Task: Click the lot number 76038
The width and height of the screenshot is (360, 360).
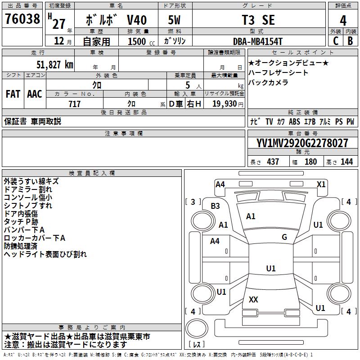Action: pyautogui.click(x=22, y=18)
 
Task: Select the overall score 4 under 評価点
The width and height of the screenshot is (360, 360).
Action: pyautogui.click(x=343, y=20)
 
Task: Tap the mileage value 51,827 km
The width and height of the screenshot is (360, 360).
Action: pyautogui.click(x=55, y=65)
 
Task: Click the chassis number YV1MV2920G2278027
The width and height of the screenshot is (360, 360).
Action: pyautogui.click(x=302, y=143)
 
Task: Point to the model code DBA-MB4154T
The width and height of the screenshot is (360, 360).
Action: pyautogui.click(x=257, y=41)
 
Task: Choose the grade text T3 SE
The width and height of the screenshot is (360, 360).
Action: pyautogui.click(x=258, y=20)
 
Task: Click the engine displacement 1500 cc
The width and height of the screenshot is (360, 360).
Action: pyautogui.click(x=141, y=41)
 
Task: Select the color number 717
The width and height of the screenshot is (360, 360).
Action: pyautogui.click(x=75, y=104)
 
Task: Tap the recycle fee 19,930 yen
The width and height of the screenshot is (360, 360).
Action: pyautogui.click(x=228, y=104)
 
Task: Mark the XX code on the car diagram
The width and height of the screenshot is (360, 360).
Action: pyautogui.click(x=253, y=299)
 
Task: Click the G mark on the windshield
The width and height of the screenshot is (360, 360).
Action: pyautogui.click(x=284, y=237)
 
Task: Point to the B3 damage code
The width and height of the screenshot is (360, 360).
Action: pyautogui.click(x=215, y=206)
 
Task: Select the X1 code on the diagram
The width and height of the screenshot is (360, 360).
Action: pyautogui.click(x=321, y=184)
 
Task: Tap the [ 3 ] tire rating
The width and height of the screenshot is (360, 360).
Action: pyautogui.click(x=193, y=202)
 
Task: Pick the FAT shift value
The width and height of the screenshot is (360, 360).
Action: pyautogui.click(x=13, y=94)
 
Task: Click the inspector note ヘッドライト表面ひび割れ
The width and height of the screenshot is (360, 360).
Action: pyautogui.click(x=45, y=254)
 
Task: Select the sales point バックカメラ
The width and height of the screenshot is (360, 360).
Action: pyautogui.click(x=268, y=82)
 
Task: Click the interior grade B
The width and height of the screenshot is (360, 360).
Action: pyautogui.click(x=351, y=41)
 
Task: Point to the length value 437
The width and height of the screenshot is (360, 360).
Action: pyautogui.click(x=273, y=162)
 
